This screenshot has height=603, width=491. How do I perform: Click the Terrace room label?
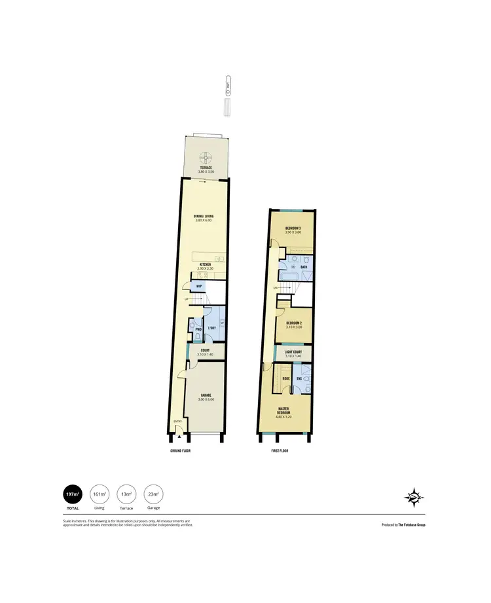tap(206, 167)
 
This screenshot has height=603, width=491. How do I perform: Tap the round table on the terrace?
tap(206, 157)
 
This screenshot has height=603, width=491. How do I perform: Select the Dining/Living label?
tap(204, 216)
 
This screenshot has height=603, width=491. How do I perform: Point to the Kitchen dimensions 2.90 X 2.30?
tap(205, 269)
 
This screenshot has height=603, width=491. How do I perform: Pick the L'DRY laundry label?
tap(212, 327)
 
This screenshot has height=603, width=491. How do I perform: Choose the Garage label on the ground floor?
tap(206, 395)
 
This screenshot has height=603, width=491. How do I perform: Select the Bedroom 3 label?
tap(293, 228)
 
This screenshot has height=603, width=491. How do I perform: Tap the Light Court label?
tap(293, 352)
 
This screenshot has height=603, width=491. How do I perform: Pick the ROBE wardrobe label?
tap(286, 378)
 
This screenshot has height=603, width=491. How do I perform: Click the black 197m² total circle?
tap(72, 493)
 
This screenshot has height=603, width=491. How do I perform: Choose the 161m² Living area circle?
tap(99, 493)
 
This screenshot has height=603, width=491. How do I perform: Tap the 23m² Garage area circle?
tap(153, 493)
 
